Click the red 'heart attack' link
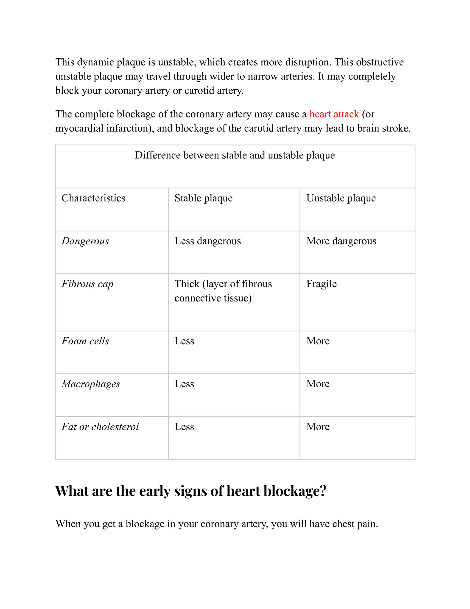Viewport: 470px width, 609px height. [x=334, y=114]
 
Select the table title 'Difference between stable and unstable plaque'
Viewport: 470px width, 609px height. [x=235, y=155]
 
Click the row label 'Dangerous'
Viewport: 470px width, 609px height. [x=85, y=241]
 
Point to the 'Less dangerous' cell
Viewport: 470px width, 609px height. [x=207, y=241]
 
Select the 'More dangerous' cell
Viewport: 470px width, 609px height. [x=341, y=241]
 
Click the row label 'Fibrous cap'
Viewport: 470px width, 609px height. [x=87, y=284]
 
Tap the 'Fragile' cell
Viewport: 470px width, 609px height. [x=321, y=284]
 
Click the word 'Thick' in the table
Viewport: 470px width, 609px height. [x=187, y=284]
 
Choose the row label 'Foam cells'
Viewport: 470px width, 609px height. [x=85, y=341]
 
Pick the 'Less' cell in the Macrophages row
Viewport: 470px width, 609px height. [x=184, y=384]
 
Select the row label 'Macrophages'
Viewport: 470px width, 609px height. [x=91, y=384]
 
